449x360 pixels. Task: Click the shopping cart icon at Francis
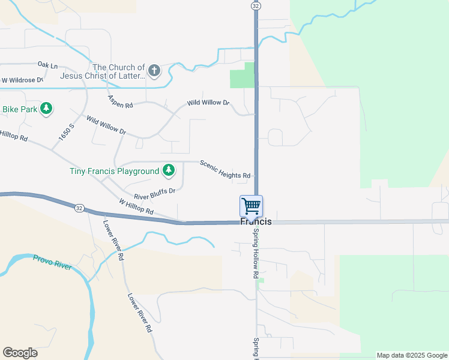(252, 206)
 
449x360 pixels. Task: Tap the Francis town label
(256, 222)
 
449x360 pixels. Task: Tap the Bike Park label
(20, 109)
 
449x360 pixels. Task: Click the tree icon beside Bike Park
(46, 109)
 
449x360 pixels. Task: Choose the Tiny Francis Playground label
(114, 171)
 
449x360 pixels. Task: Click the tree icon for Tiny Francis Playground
(169, 171)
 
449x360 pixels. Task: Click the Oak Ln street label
(47, 65)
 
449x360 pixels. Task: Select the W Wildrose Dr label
(22, 80)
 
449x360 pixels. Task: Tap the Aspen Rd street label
(120, 101)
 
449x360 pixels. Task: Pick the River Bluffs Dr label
(154, 194)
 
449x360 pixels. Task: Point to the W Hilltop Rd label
(136, 208)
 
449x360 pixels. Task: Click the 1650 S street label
(66, 133)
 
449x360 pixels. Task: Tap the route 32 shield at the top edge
(256, 5)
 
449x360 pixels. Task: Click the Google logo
(20, 353)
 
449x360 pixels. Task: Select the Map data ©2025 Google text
(412, 355)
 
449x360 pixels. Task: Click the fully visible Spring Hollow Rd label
(255, 253)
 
